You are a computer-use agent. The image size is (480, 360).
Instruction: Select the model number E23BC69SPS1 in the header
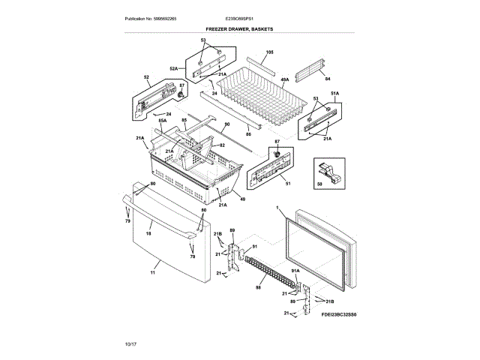[239, 18]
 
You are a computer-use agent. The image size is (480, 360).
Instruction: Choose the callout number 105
[270, 52]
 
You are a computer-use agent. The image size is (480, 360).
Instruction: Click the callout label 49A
[284, 79]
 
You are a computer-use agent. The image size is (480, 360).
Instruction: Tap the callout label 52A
[173, 69]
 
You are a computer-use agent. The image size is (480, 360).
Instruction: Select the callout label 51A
[334, 93]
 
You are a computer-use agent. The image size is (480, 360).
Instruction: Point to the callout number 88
[258, 286]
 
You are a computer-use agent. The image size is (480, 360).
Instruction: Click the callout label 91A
[295, 271]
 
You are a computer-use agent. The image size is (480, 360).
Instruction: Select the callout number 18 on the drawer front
[148, 234]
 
